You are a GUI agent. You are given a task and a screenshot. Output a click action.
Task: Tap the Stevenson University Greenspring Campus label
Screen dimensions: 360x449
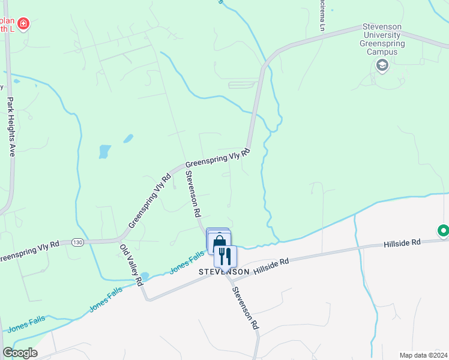tap(382, 40)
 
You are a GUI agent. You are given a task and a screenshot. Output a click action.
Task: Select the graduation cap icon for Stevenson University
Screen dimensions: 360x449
tap(382, 65)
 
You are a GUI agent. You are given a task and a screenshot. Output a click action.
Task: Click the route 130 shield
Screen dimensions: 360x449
tap(76, 242)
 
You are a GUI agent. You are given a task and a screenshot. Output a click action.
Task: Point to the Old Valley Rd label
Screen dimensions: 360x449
tap(130, 265)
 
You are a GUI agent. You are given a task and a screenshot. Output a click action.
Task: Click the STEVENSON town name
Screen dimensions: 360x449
tap(224, 272)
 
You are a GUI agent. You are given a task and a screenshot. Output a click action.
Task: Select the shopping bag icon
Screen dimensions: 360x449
tap(219, 242)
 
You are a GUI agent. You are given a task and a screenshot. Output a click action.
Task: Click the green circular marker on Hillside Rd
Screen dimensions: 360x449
tap(443, 230)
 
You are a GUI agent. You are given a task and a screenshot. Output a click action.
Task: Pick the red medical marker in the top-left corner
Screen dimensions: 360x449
tap(23, 24)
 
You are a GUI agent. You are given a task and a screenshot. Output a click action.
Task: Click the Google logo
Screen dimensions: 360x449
tap(20, 353)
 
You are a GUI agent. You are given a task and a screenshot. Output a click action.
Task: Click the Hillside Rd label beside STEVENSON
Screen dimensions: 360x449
tap(271, 266)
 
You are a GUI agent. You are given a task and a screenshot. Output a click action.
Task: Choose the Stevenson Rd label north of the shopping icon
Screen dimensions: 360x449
tap(192, 194)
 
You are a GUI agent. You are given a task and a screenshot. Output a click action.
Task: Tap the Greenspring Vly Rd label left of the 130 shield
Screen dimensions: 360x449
tap(28, 252)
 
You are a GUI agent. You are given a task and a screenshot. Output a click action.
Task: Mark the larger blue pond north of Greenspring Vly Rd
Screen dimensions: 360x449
tap(105, 151)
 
